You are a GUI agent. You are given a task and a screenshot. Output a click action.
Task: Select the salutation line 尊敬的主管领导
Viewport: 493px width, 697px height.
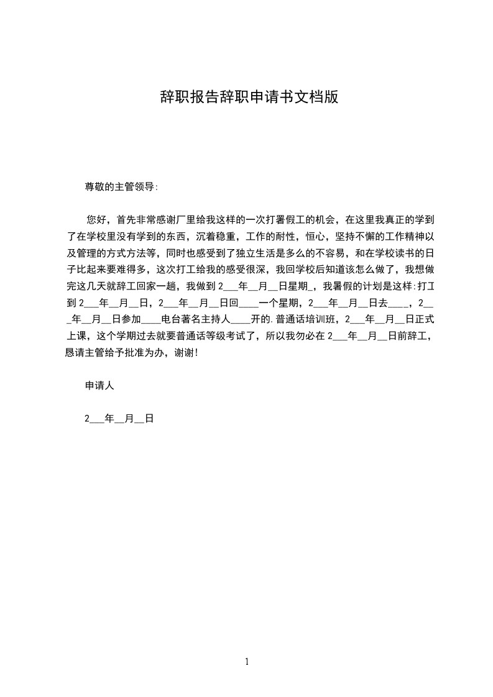click(121, 186)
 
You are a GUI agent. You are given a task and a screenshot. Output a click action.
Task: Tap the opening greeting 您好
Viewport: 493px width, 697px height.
click(96, 219)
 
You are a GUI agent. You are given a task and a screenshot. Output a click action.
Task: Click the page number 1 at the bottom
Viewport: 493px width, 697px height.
click(247, 662)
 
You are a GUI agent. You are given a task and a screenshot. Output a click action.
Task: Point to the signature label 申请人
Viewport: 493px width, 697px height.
click(99, 386)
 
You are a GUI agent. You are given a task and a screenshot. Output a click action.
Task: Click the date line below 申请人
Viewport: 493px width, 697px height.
click(119, 419)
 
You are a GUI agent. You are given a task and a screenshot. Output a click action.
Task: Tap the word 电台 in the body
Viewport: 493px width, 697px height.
click(171, 320)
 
